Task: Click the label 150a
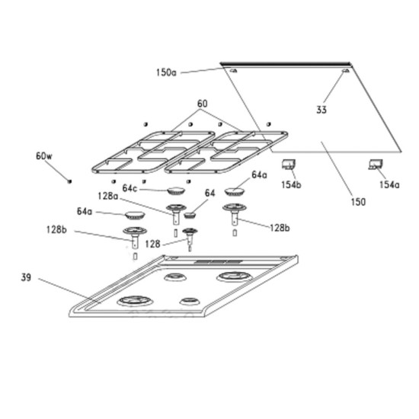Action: (x=166, y=72)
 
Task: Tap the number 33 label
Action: (x=321, y=110)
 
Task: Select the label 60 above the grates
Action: (x=203, y=104)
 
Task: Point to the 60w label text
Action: (x=44, y=156)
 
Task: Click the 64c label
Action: (x=130, y=188)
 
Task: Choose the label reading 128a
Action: (x=107, y=196)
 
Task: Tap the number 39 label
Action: (x=26, y=277)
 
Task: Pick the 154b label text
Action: (x=291, y=184)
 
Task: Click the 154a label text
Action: (x=389, y=184)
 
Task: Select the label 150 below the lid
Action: (x=358, y=202)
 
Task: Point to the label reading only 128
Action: (x=152, y=244)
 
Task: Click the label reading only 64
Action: (x=209, y=193)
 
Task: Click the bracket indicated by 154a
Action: (x=376, y=165)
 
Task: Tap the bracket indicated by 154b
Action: (x=289, y=165)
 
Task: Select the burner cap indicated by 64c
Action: (x=176, y=190)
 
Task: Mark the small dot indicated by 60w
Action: (x=70, y=181)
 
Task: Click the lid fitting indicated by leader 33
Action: (x=346, y=71)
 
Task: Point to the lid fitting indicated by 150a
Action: (x=233, y=71)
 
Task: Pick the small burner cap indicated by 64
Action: (x=190, y=215)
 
